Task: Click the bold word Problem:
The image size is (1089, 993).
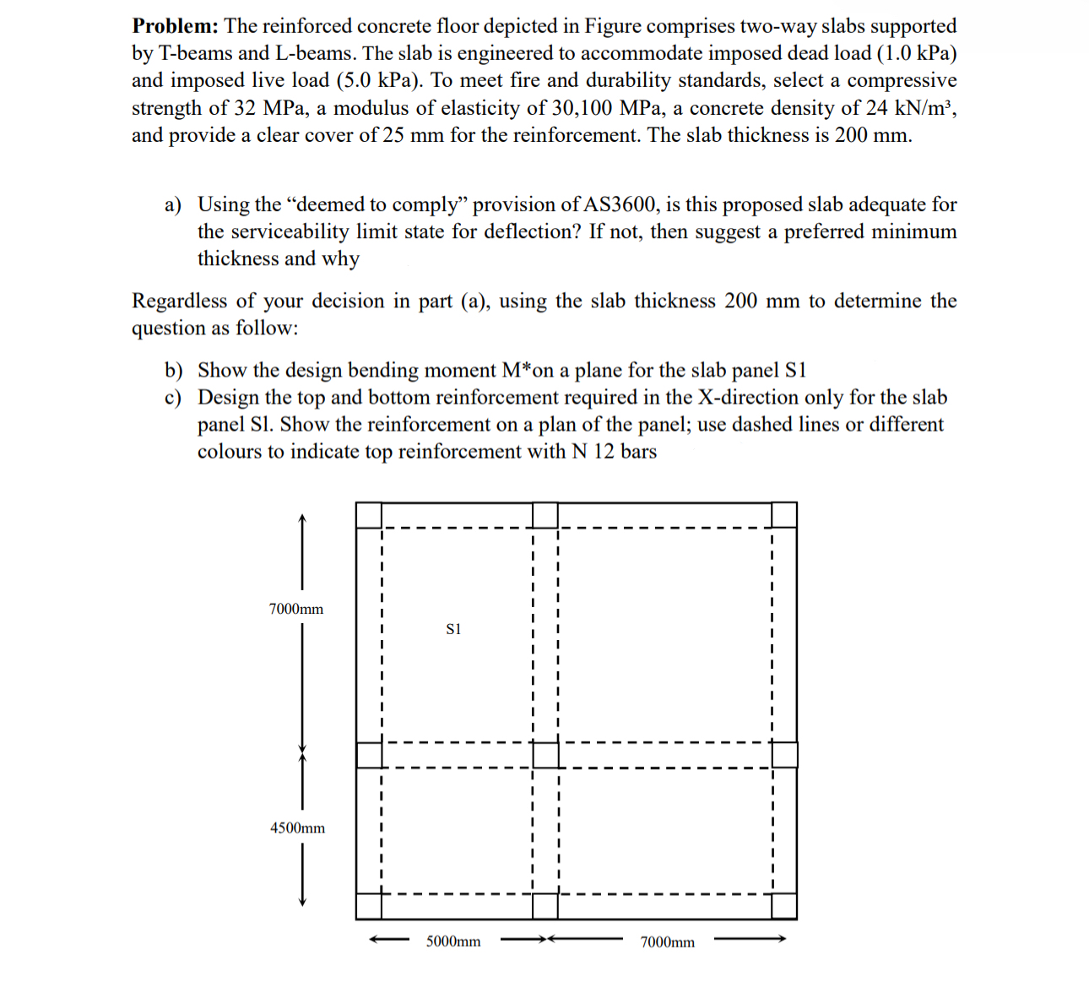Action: pos(175,26)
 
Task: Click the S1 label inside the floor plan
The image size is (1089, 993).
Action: pos(453,629)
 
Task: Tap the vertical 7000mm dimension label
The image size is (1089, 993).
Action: pos(296,609)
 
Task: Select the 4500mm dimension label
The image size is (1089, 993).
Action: pos(297,827)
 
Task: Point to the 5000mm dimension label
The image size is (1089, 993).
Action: pos(453,941)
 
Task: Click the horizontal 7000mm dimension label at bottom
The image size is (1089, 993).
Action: pos(668,941)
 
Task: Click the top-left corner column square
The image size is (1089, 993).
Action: pos(369,515)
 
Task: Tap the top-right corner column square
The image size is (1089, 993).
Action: pos(784,515)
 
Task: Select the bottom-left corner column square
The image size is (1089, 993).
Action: pos(369,905)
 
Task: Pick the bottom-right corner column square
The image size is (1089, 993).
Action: pos(784,905)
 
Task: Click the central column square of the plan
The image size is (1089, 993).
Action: pos(546,755)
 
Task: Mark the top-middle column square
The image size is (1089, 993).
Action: pos(546,515)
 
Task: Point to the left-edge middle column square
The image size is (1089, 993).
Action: pos(369,755)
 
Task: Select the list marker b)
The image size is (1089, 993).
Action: pos(174,371)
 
